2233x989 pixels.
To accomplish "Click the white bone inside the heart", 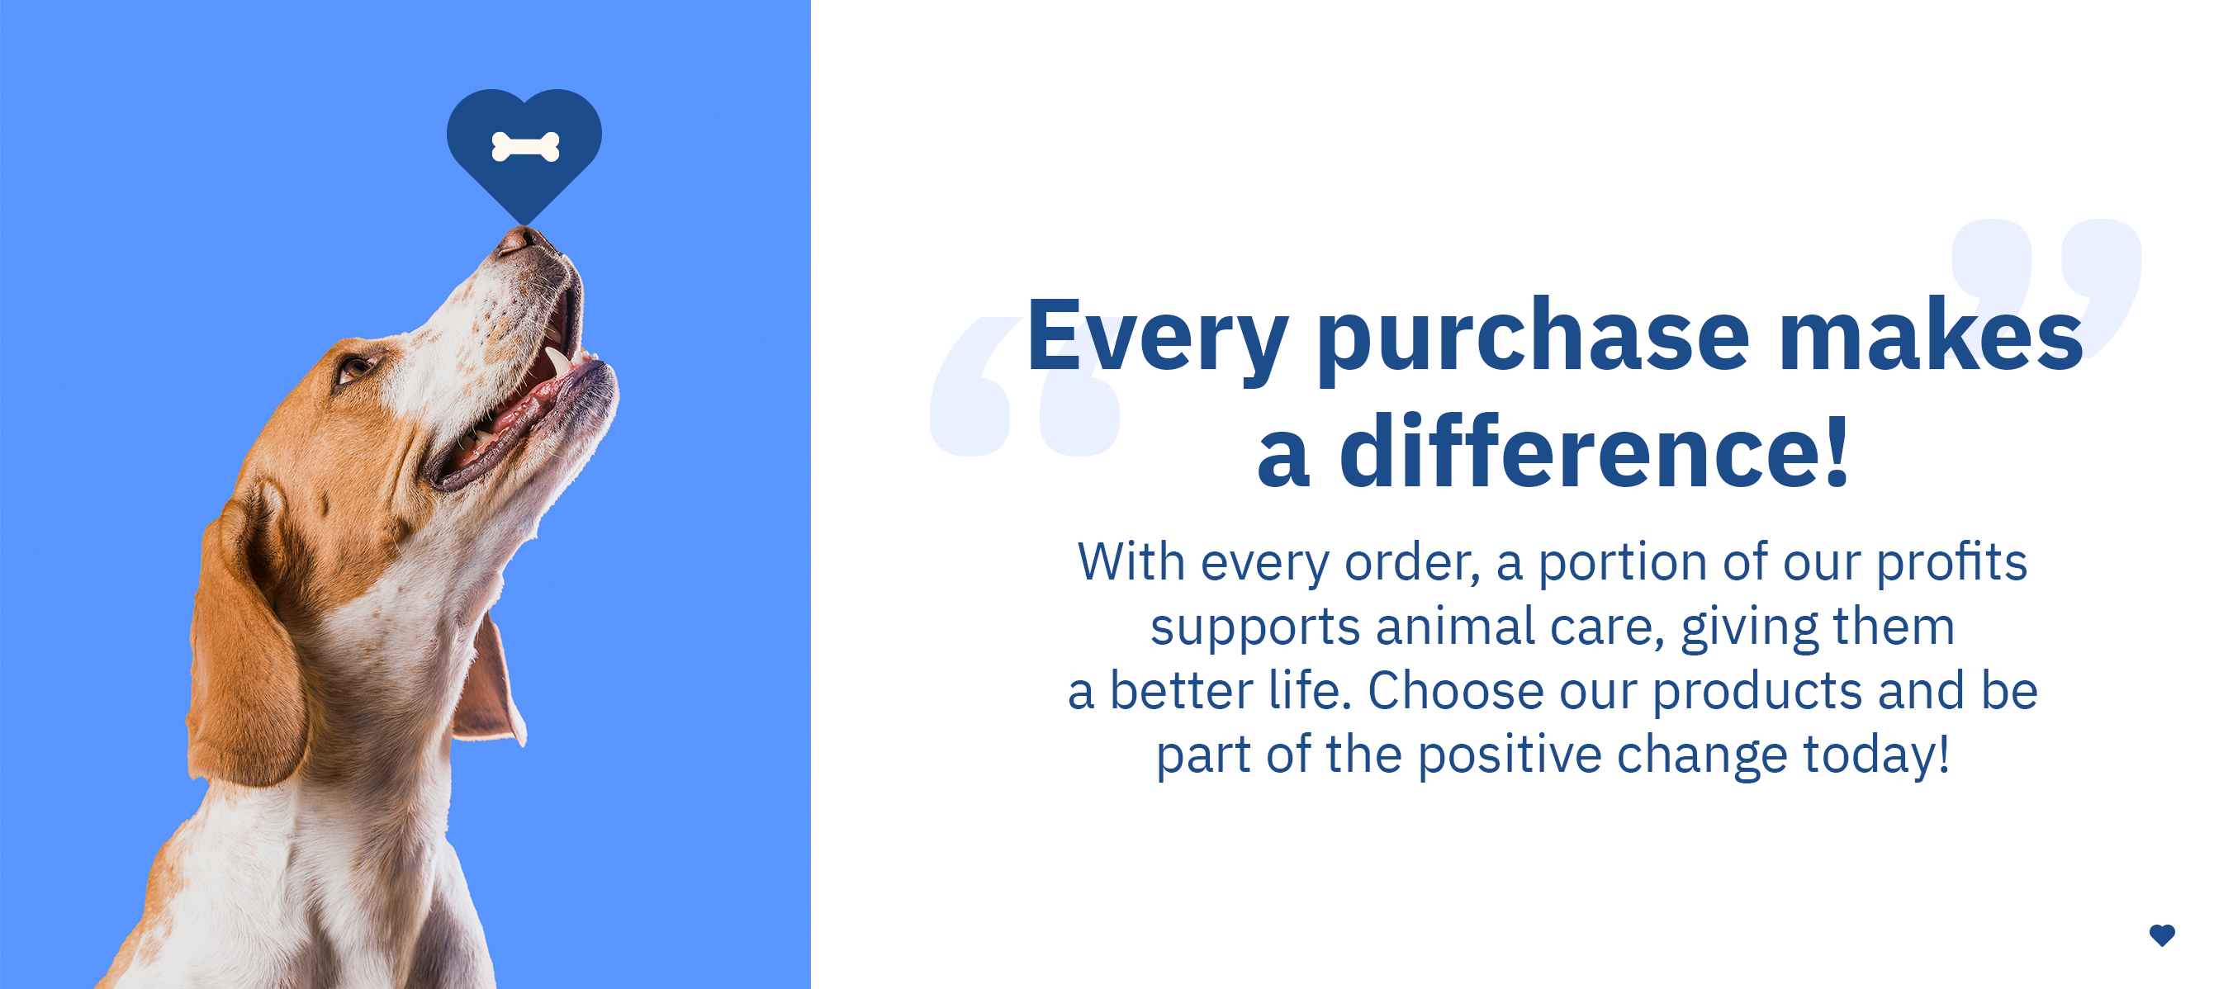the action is click(x=525, y=146).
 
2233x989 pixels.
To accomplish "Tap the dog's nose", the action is click(x=519, y=239).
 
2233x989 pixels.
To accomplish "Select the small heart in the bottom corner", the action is click(x=2162, y=935).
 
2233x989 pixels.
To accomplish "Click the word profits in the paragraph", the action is click(x=1951, y=563).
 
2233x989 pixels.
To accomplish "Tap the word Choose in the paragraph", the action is click(x=1455, y=691).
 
